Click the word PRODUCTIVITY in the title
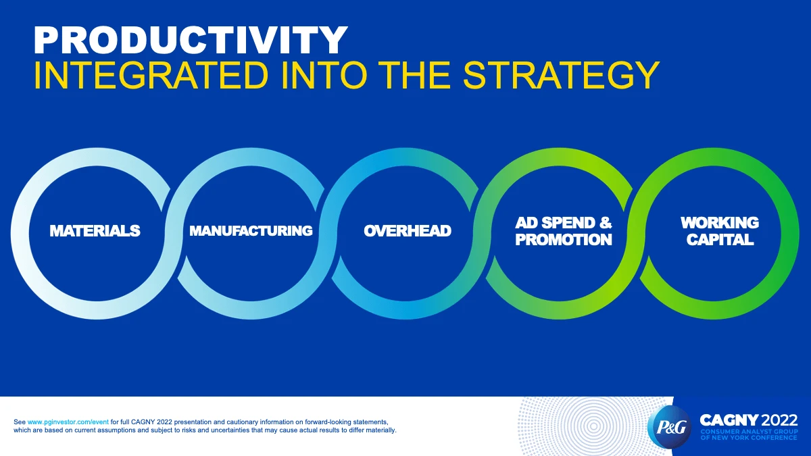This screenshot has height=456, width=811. click(x=191, y=40)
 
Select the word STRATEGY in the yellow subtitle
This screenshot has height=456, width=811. click(x=561, y=75)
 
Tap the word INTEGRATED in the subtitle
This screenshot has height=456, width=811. click(x=151, y=75)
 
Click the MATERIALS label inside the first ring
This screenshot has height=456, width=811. click(x=95, y=231)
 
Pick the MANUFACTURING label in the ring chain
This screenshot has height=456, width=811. click(x=251, y=231)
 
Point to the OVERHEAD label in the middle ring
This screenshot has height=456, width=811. click(x=408, y=231)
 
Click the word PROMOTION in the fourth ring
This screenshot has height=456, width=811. click(x=564, y=240)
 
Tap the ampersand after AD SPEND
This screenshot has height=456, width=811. click(x=606, y=223)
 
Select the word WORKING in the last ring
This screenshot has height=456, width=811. click(x=720, y=223)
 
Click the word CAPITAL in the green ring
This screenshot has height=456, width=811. click(x=720, y=240)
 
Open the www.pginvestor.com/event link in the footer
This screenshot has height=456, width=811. click(x=68, y=422)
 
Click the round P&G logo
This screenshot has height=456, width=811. click(x=670, y=427)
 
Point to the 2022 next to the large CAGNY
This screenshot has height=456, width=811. click(x=779, y=420)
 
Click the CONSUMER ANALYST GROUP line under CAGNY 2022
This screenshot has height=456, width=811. click(x=749, y=432)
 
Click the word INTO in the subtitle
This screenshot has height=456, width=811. click(x=323, y=75)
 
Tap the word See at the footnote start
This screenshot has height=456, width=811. click(x=20, y=422)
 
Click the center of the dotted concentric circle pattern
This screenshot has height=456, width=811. click(x=593, y=427)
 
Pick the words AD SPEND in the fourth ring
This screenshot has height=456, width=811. click(x=555, y=223)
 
